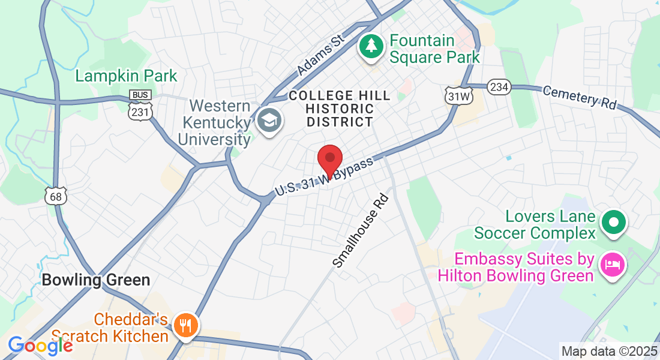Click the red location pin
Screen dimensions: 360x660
[x=329, y=160]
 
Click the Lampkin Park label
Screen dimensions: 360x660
[x=127, y=76]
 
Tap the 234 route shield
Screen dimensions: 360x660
[x=499, y=87]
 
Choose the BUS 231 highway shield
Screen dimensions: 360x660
[x=140, y=105]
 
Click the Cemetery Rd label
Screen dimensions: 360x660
[x=579, y=97]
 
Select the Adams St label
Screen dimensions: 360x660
[x=320, y=56]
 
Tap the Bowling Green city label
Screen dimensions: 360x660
[x=95, y=280]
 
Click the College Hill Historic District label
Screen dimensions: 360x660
[x=340, y=109]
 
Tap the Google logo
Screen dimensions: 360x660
[x=40, y=345]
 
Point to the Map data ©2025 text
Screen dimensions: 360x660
[x=608, y=351]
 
